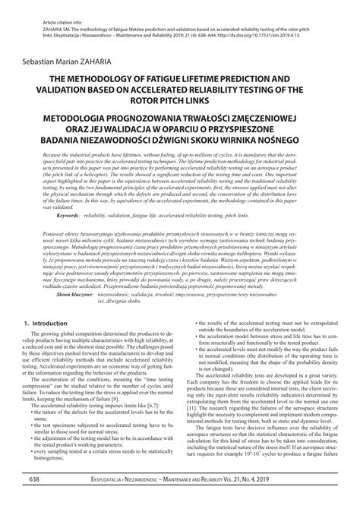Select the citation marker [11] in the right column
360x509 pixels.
click(x=201, y=428)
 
